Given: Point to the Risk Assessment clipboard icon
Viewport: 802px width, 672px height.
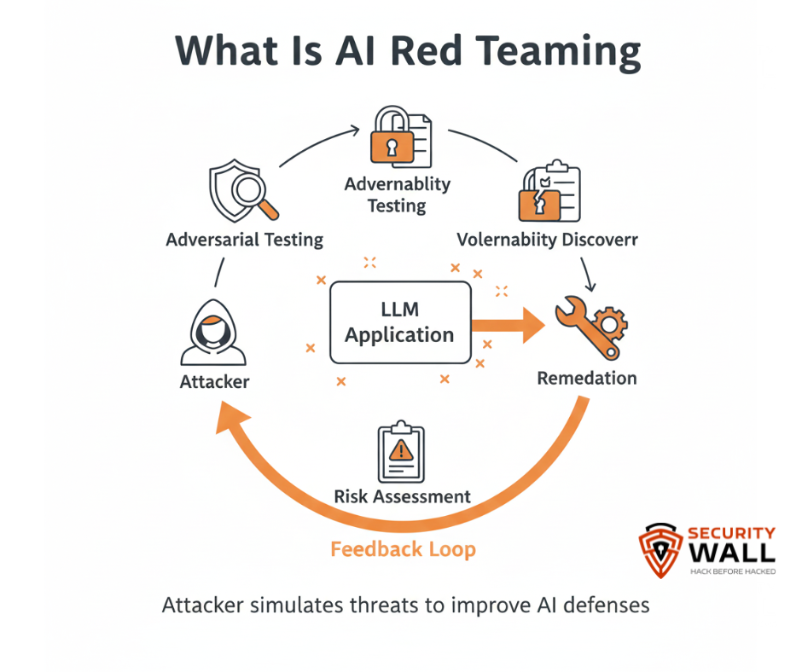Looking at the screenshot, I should click(x=401, y=452).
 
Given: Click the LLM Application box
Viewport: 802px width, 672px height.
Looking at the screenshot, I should click(x=400, y=323).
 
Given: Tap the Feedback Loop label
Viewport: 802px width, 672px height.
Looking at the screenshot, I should click(x=403, y=549).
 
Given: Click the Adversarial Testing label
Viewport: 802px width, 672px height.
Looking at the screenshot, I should click(x=245, y=240).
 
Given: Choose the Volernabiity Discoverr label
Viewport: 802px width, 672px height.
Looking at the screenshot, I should click(x=547, y=240).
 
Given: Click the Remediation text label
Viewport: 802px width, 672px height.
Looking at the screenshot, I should click(x=587, y=377).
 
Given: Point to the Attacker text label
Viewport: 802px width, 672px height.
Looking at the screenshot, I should click(x=214, y=382).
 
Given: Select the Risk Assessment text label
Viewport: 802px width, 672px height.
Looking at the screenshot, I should click(x=402, y=496).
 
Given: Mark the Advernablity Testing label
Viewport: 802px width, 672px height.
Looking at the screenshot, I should click(x=397, y=194).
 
